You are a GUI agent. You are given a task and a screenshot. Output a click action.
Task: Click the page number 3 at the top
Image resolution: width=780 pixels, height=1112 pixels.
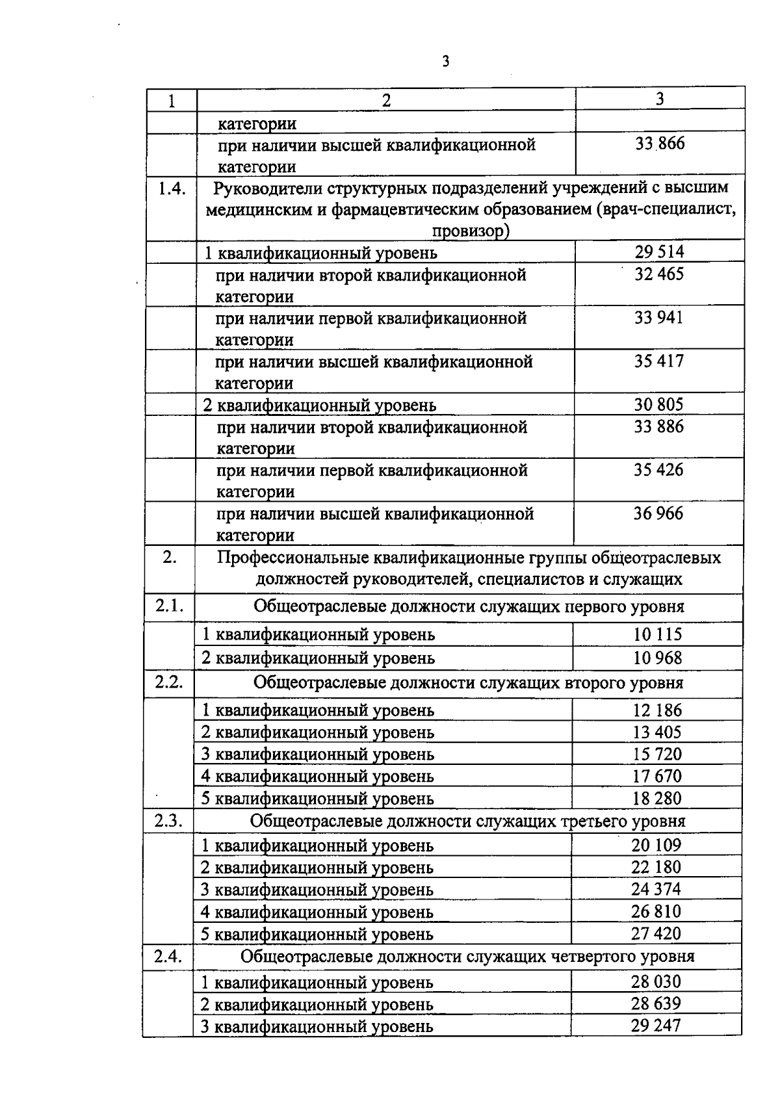(445, 62)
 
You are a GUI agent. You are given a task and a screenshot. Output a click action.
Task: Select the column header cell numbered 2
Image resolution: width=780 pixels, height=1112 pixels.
(386, 100)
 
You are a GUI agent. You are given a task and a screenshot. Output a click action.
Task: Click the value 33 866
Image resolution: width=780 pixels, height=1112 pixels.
(660, 144)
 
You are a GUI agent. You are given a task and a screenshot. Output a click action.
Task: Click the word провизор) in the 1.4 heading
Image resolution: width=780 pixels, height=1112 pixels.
(470, 231)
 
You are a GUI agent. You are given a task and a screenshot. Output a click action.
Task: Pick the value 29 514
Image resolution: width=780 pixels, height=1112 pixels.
(659, 252)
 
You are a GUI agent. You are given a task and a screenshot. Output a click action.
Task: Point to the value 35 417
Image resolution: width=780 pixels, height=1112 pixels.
(659, 361)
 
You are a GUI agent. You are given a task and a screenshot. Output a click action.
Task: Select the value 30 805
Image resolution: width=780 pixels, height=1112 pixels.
(658, 405)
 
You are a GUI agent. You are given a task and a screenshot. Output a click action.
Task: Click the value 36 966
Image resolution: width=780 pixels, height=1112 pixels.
(658, 513)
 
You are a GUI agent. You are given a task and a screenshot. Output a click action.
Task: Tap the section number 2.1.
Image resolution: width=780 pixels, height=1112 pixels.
(169, 606)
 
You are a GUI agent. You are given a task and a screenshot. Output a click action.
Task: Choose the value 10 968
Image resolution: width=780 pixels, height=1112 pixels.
(658, 658)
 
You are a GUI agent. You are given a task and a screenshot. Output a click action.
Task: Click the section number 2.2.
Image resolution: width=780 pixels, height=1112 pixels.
(169, 682)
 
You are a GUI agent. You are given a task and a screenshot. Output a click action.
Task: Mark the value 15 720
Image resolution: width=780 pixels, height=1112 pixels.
(657, 754)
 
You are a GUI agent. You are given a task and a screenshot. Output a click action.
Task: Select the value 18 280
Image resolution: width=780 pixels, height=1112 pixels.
(657, 798)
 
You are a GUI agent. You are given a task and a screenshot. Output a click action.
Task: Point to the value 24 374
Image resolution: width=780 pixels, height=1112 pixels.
(656, 889)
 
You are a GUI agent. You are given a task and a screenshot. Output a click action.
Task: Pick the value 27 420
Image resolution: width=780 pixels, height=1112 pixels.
(656, 933)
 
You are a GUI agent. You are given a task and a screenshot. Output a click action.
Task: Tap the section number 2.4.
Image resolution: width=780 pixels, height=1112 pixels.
(168, 956)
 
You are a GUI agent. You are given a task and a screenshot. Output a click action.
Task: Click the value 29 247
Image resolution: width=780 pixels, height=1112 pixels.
(656, 1026)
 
